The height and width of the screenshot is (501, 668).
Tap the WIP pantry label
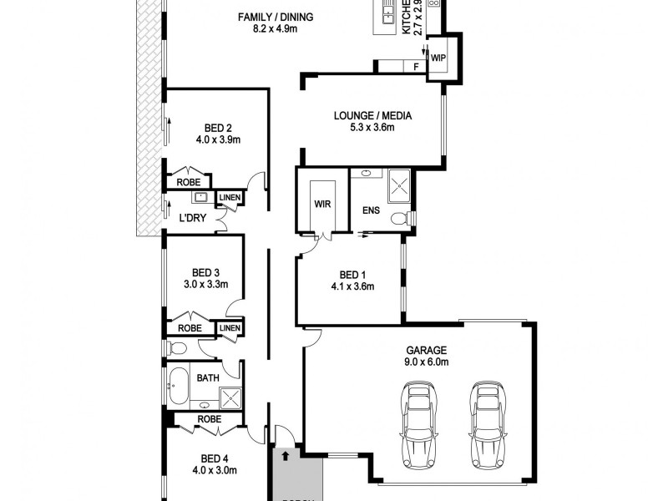438,58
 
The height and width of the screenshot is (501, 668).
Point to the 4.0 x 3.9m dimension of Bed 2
218,139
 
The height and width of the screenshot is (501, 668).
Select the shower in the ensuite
397,184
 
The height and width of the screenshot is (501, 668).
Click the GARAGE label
428,351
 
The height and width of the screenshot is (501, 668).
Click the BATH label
208,378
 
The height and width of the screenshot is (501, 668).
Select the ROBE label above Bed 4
208,419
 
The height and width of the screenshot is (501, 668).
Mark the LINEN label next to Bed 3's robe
230,328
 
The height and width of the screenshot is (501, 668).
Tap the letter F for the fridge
415,66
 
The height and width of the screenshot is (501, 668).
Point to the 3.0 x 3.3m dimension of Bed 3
205,284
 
